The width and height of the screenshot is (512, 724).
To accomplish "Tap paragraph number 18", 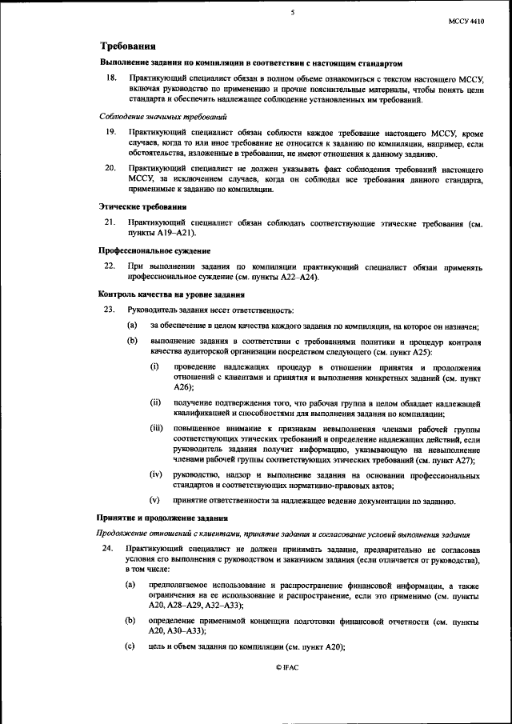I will pyautogui.click(x=112, y=78).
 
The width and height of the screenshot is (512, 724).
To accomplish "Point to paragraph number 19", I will pyautogui.click(x=112, y=130).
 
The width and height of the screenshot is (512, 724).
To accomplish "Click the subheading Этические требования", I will pyautogui.click(x=143, y=206).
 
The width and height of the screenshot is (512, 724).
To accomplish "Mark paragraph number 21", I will pyautogui.click(x=112, y=220).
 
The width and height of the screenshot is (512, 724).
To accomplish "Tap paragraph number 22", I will pyautogui.click(x=112, y=265).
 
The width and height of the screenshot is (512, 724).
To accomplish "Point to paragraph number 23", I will pyautogui.click(x=112, y=310).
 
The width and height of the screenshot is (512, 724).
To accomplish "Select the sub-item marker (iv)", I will pyautogui.click(x=156, y=474).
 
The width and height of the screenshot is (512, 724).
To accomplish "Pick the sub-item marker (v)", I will pyautogui.click(x=156, y=501).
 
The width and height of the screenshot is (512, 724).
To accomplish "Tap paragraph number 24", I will pyautogui.click(x=112, y=548).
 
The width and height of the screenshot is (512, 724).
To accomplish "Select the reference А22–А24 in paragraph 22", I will pyautogui.click(x=293, y=276).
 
